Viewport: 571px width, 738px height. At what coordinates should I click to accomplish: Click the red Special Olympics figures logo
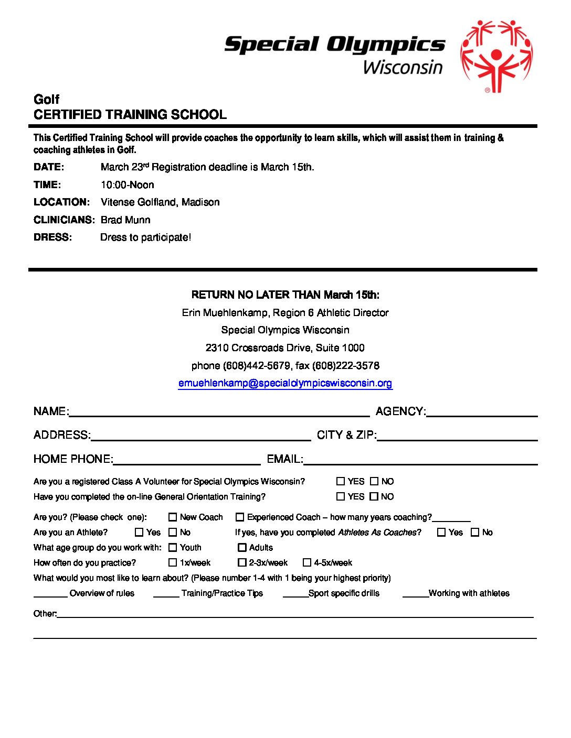coord(496,56)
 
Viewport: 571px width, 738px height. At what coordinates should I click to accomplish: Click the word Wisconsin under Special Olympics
coord(403,68)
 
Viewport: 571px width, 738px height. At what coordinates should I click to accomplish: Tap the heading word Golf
coord(46,99)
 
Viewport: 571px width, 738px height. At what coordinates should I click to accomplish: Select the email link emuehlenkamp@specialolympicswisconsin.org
coord(285,383)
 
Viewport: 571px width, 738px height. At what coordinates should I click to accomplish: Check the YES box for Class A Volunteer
coord(341,481)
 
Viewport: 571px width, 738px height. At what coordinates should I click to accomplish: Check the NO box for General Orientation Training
coord(374,496)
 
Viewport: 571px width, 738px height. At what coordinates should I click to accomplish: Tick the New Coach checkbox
coord(173,517)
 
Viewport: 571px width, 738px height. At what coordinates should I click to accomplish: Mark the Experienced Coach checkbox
coord(240,517)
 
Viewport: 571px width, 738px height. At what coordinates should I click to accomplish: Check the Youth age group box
coord(173,548)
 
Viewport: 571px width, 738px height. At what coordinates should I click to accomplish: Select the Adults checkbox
coord(242,548)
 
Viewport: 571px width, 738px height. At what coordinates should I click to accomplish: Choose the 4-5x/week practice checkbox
coord(307,563)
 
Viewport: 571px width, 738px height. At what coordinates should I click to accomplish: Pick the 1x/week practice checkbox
coord(173,563)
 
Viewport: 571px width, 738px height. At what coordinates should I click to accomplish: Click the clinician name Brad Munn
coord(125,220)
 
